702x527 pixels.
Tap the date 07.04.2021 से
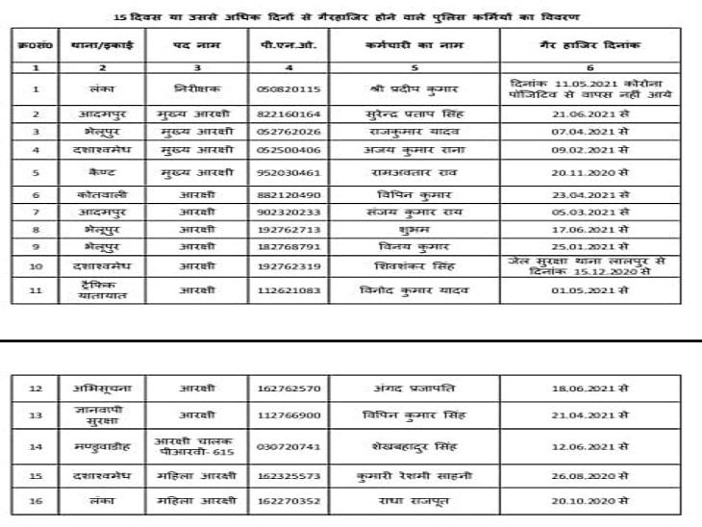click(x=595, y=131)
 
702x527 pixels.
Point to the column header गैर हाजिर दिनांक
click(x=596, y=45)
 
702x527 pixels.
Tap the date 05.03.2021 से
click(x=595, y=212)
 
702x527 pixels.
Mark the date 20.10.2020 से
click(x=595, y=500)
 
